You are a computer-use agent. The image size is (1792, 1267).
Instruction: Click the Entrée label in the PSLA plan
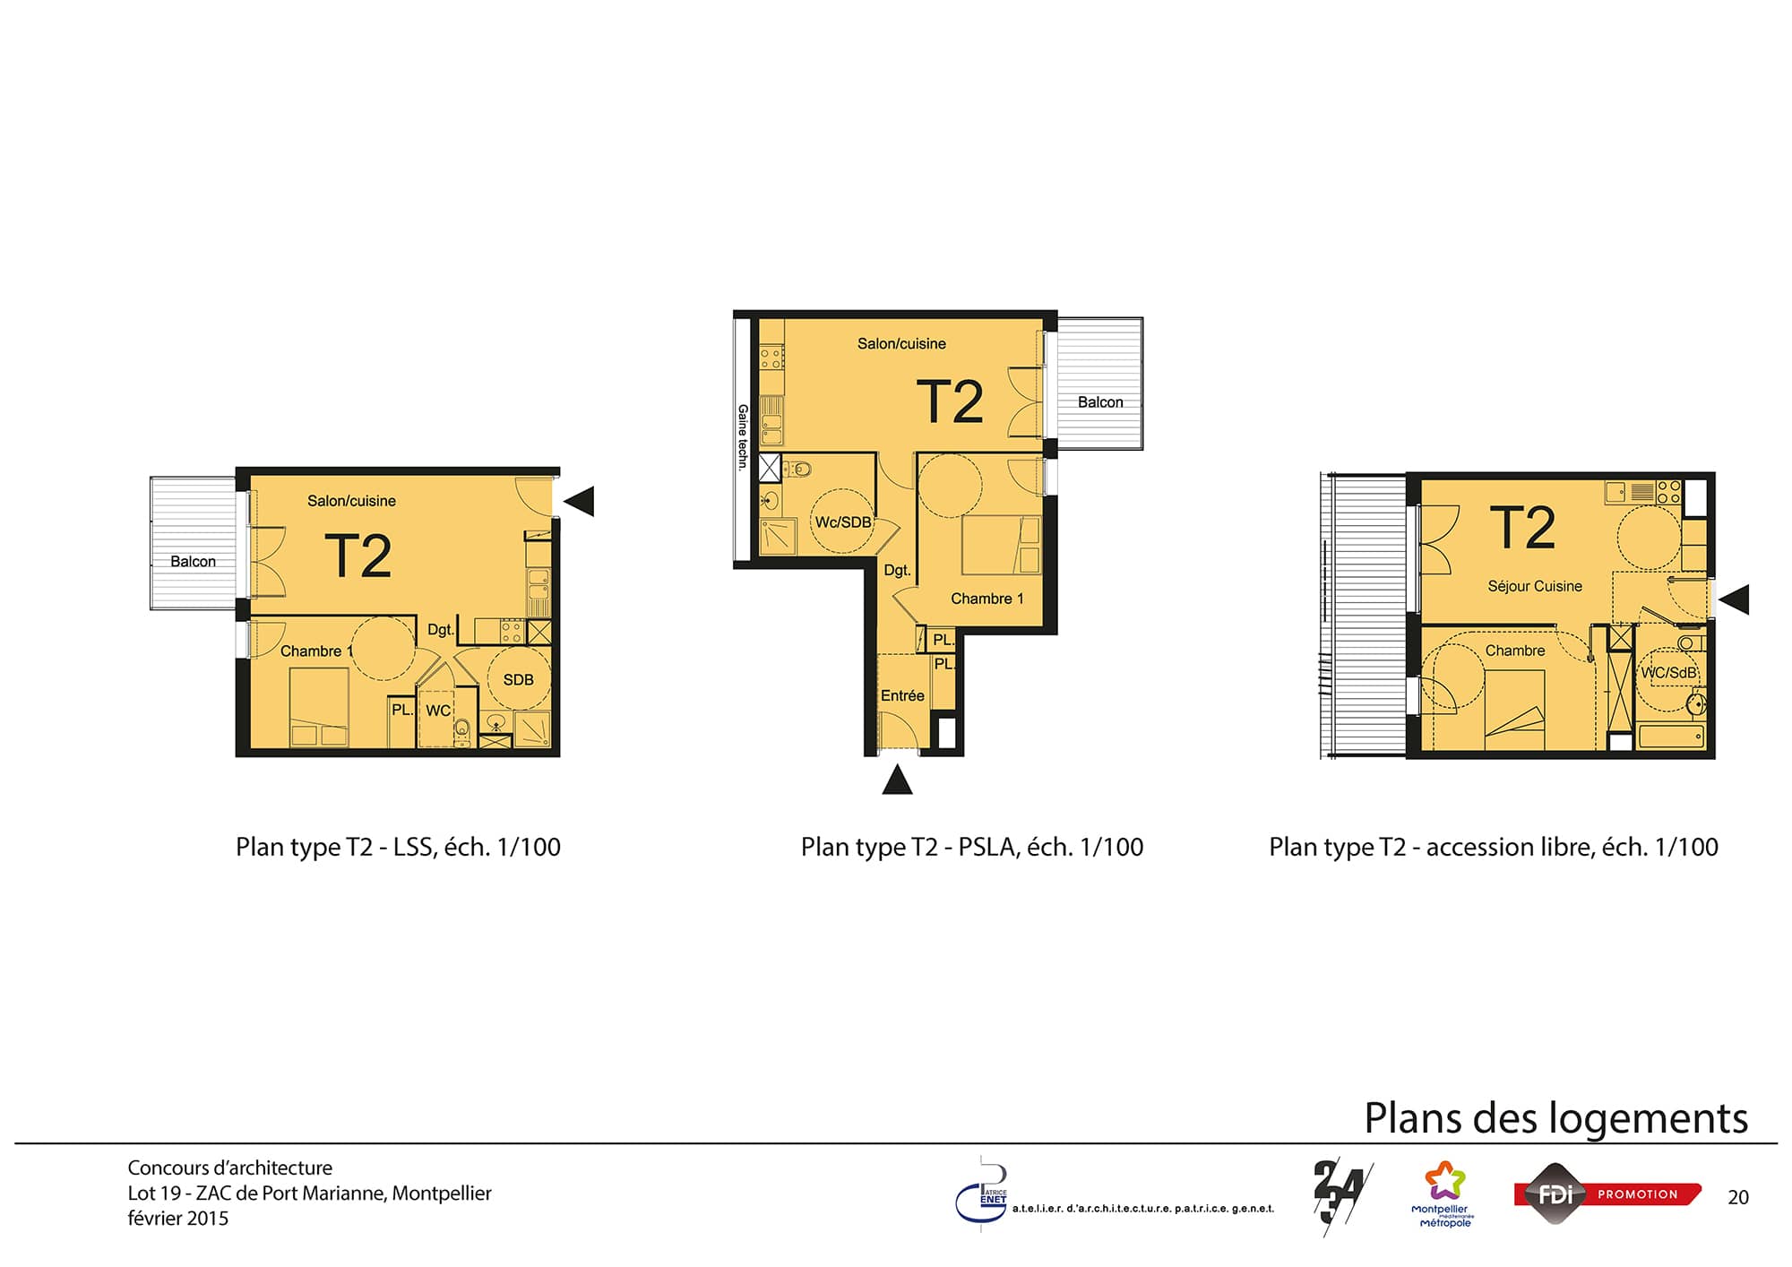click(902, 695)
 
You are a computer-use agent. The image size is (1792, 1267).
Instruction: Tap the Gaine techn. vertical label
click(743, 437)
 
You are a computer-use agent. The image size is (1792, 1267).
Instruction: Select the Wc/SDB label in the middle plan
click(843, 522)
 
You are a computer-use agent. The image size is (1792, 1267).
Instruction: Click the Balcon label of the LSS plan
click(193, 562)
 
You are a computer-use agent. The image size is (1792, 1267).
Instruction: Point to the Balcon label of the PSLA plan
click(1100, 402)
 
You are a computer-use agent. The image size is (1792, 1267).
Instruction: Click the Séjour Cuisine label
click(1535, 586)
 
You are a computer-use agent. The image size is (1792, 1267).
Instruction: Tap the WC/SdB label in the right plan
click(1669, 672)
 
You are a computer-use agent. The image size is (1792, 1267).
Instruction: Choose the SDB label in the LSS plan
click(518, 680)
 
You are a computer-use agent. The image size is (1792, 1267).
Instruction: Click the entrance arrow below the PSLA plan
click(897, 780)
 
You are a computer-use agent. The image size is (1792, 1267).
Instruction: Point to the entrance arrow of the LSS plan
click(579, 501)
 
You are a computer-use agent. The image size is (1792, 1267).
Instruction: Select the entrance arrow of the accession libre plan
click(1734, 599)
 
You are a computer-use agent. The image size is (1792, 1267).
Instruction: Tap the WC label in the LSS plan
click(438, 711)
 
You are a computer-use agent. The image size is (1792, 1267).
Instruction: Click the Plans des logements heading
click(1555, 1118)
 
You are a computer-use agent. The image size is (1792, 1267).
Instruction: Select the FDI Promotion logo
click(1607, 1194)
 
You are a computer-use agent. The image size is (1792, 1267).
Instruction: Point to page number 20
click(1738, 1197)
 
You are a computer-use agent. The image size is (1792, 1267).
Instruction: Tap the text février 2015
click(178, 1219)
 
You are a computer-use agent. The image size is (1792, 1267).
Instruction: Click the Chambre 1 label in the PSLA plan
click(986, 599)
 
